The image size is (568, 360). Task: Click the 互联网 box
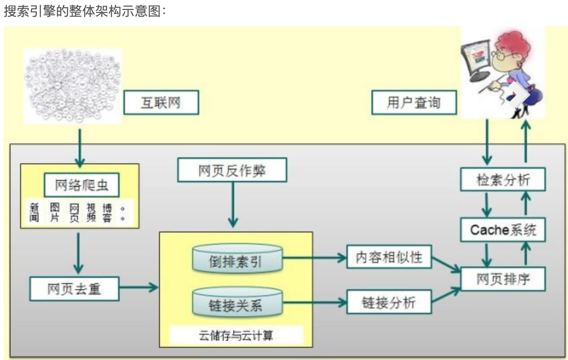click(161, 102)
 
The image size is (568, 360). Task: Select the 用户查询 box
click(414, 102)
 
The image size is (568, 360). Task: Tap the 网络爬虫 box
click(82, 185)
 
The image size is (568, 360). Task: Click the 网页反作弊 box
click(232, 170)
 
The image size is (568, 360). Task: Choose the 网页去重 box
click(74, 289)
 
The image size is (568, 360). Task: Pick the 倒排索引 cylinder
click(238, 259)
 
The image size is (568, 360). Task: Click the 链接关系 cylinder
click(238, 302)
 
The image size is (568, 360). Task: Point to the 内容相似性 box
click(389, 256)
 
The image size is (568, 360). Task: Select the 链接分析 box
click(389, 302)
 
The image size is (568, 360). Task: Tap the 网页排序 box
click(503, 279)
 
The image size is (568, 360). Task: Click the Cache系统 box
click(503, 230)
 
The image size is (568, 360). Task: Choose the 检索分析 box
click(503, 179)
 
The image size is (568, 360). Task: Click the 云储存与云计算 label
click(236, 335)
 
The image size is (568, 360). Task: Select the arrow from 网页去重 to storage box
click(139, 287)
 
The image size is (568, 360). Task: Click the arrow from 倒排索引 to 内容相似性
click(315, 258)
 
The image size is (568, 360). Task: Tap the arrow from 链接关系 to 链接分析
click(315, 302)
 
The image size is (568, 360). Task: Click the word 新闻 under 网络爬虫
click(34, 212)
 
